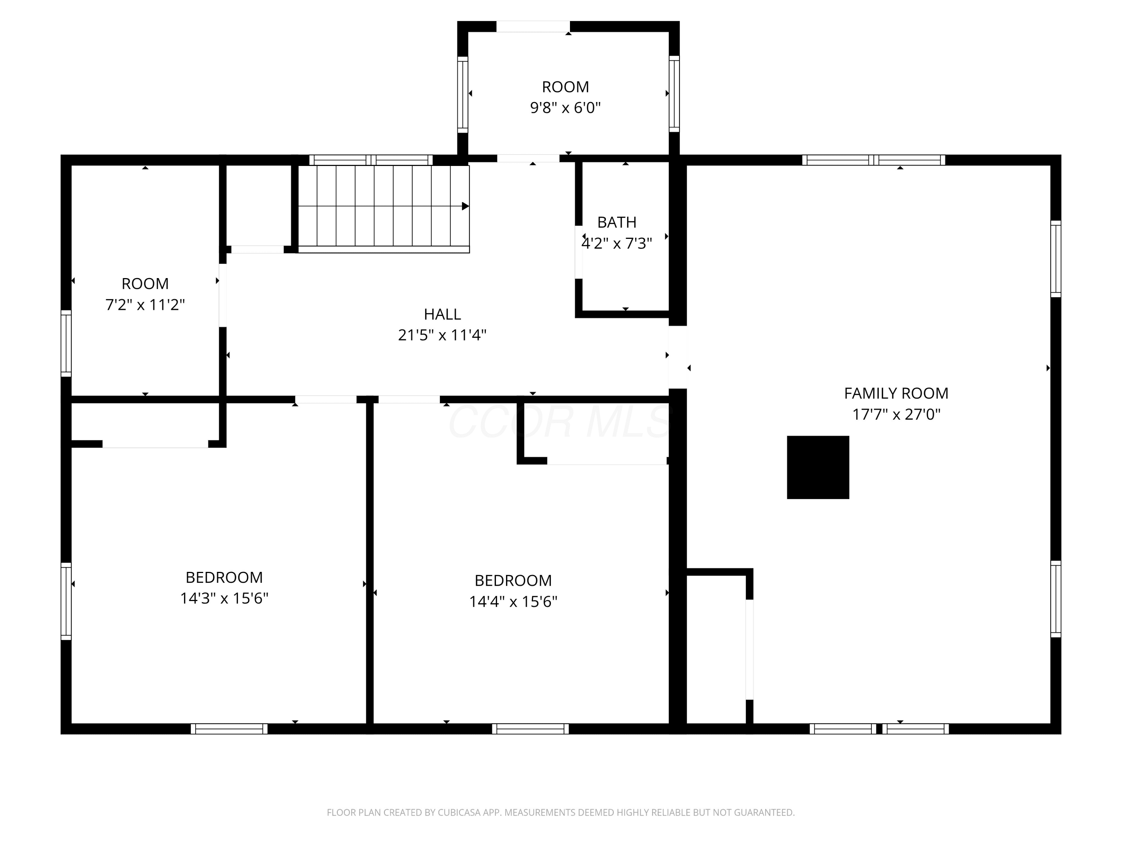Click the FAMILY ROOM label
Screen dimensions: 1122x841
pos(896,393)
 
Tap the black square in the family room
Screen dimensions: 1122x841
pos(818,467)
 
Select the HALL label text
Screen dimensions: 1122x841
pos(442,314)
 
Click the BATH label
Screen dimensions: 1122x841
pos(617,222)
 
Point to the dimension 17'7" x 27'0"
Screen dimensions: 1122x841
pos(896,414)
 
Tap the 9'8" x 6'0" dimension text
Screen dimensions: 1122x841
pos(565,108)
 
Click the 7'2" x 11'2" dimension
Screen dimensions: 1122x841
pos(145,305)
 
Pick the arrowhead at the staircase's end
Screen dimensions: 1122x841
pos(465,206)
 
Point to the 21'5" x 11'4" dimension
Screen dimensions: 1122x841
pos(442,335)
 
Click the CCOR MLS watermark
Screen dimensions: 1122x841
pos(560,422)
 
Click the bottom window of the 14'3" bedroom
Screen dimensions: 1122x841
pos(229,729)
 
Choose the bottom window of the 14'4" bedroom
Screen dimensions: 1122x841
pos(530,729)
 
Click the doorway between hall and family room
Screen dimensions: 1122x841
pos(678,357)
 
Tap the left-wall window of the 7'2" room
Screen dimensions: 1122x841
pos(66,343)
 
